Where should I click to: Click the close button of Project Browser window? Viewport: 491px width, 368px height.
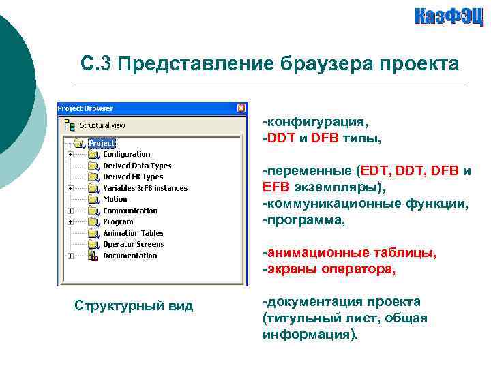(241, 108)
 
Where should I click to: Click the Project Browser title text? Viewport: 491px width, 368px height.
(85, 108)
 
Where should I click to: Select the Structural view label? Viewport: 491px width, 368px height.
(102, 125)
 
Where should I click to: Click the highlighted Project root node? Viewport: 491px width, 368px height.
(102, 143)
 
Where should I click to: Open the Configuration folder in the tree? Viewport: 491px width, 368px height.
(126, 155)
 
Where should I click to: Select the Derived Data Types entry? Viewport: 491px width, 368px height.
(137, 166)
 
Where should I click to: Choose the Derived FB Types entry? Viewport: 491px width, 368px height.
(133, 177)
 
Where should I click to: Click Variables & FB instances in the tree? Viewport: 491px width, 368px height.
(145, 188)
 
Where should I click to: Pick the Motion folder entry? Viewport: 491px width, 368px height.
(115, 199)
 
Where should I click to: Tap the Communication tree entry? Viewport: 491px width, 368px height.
(130, 211)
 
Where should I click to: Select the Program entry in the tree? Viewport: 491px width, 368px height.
(118, 221)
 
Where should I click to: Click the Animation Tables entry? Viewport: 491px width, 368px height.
(133, 233)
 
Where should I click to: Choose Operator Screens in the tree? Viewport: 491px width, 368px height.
(133, 244)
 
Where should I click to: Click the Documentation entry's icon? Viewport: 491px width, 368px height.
(93, 256)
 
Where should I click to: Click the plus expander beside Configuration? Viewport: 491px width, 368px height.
(70, 155)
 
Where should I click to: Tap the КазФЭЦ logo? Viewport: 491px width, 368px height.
(449, 16)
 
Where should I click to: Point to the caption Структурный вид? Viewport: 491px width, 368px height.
(134, 306)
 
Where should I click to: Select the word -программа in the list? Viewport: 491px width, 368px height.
(304, 221)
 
